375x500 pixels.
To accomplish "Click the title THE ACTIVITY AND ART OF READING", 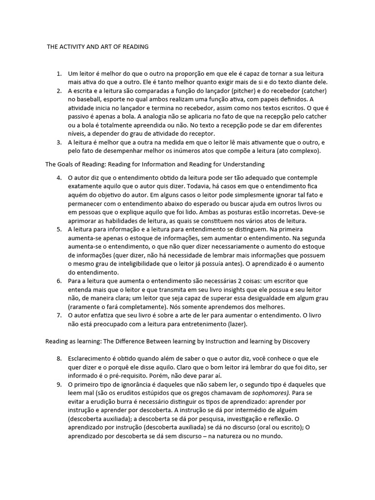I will (x=97, y=47).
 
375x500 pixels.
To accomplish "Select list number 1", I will (x=59, y=73).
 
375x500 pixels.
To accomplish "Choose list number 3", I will (x=59, y=142).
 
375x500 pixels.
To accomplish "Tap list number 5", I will (x=59, y=228).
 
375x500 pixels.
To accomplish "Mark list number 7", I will (x=59, y=315).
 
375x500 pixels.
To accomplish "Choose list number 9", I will (x=59, y=384).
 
